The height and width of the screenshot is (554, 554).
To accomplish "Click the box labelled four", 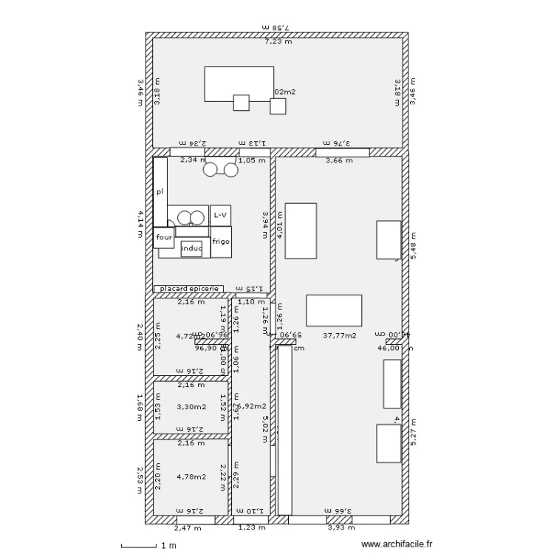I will [x=163, y=238].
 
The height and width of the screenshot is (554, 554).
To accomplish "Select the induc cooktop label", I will [x=191, y=249].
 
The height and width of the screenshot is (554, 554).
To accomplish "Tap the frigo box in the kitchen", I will [x=221, y=242].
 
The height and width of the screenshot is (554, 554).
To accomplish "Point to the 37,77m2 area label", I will [x=340, y=335].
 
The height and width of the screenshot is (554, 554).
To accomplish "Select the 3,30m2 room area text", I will [x=190, y=406].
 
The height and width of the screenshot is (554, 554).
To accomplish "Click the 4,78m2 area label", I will [x=190, y=476].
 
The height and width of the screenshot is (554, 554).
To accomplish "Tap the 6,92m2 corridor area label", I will [x=251, y=406].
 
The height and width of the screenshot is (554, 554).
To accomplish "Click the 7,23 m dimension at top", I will [x=278, y=41].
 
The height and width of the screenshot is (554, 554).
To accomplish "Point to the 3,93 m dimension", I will [x=341, y=527].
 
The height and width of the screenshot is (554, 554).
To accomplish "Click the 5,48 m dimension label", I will [x=414, y=242].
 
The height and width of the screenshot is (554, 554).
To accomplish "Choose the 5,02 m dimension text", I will [x=264, y=428].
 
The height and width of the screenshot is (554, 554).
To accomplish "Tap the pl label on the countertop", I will [x=159, y=191].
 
